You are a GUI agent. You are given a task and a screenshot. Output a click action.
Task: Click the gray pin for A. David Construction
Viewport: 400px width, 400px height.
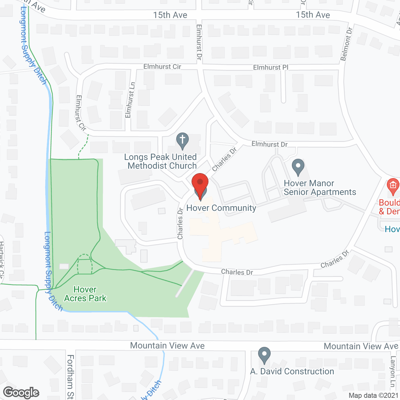click(264, 355)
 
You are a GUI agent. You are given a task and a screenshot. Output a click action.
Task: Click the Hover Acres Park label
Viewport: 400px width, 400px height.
click(85, 294)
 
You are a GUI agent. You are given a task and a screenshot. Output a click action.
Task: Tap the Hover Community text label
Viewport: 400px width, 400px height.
click(221, 208)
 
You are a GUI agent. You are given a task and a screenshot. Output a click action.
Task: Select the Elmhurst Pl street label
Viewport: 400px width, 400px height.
click(271, 67)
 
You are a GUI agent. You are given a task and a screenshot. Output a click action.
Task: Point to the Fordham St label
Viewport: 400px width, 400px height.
click(71, 376)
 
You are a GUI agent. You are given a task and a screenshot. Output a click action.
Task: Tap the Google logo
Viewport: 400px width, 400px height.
click(21, 392)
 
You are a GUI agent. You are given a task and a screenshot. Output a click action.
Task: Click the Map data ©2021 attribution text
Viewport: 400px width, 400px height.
click(373, 396)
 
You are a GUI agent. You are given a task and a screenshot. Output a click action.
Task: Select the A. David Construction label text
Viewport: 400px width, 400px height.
click(292, 371)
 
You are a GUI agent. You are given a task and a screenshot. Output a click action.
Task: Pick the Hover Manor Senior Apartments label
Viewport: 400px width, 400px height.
click(320, 187)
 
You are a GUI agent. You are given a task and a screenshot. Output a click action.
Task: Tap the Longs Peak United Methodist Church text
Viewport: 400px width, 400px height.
click(161, 161)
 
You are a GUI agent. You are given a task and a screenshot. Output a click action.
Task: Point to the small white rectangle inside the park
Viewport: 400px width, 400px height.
click(64, 266)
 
